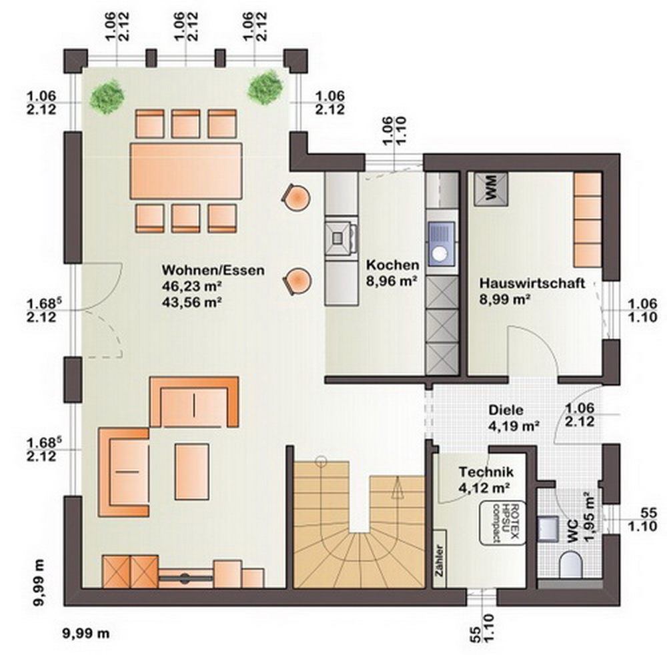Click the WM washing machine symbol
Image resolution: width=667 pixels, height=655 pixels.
tap(491, 189)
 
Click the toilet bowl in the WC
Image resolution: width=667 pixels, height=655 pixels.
tap(570, 565)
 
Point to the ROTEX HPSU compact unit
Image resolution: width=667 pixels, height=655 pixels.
tap(502, 523)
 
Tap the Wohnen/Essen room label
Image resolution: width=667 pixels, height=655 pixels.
tap(213, 270)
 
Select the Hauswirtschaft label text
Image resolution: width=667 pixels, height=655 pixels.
tap(532, 283)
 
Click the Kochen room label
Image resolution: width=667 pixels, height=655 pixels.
tap(393, 265)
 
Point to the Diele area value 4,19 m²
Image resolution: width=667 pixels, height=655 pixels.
tap(514, 426)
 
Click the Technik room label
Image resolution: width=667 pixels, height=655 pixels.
tap(486, 472)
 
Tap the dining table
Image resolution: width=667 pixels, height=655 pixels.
tap(186, 171)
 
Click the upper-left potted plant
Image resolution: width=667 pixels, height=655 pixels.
tap(107, 95)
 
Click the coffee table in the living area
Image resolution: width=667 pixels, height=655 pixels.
tap(192, 472)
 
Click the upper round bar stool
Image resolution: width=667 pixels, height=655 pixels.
tap(296, 197)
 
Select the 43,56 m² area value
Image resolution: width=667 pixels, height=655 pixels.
tap(192, 301)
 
